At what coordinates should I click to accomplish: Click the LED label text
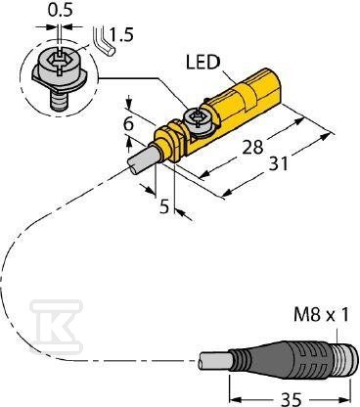coord(203,62)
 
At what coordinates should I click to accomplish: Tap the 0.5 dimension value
coord(61,10)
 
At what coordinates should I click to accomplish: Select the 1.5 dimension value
coord(121,34)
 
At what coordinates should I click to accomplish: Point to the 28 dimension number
coord(252,147)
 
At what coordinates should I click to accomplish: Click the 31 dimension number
coord(279,163)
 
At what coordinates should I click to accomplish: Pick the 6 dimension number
coord(129,123)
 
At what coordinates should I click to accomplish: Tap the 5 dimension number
coord(165,206)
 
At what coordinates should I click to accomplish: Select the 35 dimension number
coord(291,399)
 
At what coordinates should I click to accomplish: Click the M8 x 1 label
coord(321,315)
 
